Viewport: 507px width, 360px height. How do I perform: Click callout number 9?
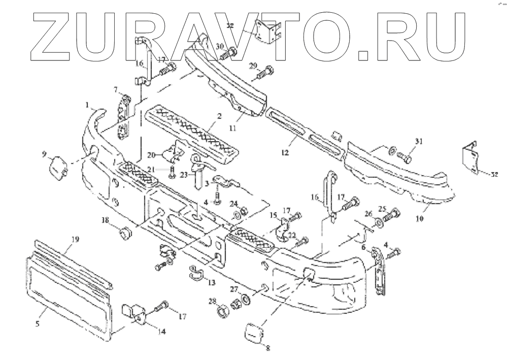pos(44,153)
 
